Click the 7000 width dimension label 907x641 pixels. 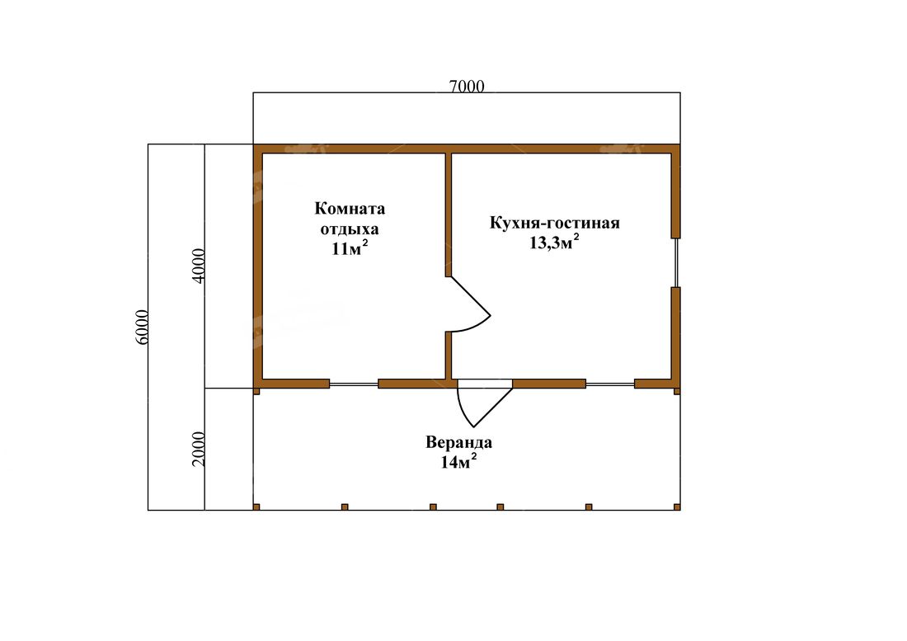click(467, 87)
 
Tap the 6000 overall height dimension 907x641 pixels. click(143, 328)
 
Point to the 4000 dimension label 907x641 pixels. click(199, 266)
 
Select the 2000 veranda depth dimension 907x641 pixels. click(199, 449)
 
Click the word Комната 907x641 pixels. click(350, 208)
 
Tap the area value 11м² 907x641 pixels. click(350, 248)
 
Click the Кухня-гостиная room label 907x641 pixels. click(555, 224)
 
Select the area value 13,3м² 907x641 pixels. click(555, 242)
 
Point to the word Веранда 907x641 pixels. click(458, 442)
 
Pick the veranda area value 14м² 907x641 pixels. click(458, 461)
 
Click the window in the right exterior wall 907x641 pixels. click(675, 262)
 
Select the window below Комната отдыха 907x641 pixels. click(354, 384)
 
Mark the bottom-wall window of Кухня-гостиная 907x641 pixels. click(610, 384)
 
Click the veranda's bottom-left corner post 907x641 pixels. click(256, 507)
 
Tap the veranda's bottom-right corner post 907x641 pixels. click(677, 507)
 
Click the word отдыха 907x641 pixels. click(350, 229)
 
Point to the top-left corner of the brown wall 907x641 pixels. click(253, 144)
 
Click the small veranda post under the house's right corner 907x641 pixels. click(677, 391)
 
